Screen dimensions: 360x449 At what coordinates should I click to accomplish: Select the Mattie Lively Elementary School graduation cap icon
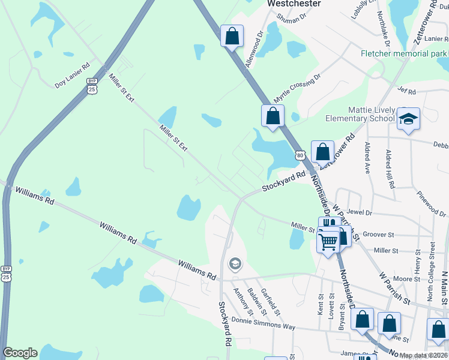click(x=408, y=119)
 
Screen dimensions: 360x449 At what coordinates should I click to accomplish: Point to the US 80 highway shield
click(x=300, y=155)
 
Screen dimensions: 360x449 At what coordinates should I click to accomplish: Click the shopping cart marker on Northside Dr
click(x=328, y=242)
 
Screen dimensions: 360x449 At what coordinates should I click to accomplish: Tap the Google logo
click(x=20, y=353)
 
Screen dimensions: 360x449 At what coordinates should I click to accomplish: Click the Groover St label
click(x=378, y=235)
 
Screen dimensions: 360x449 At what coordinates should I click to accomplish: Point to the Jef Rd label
click(x=406, y=91)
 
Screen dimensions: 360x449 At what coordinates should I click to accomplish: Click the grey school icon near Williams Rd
click(x=235, y=263)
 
